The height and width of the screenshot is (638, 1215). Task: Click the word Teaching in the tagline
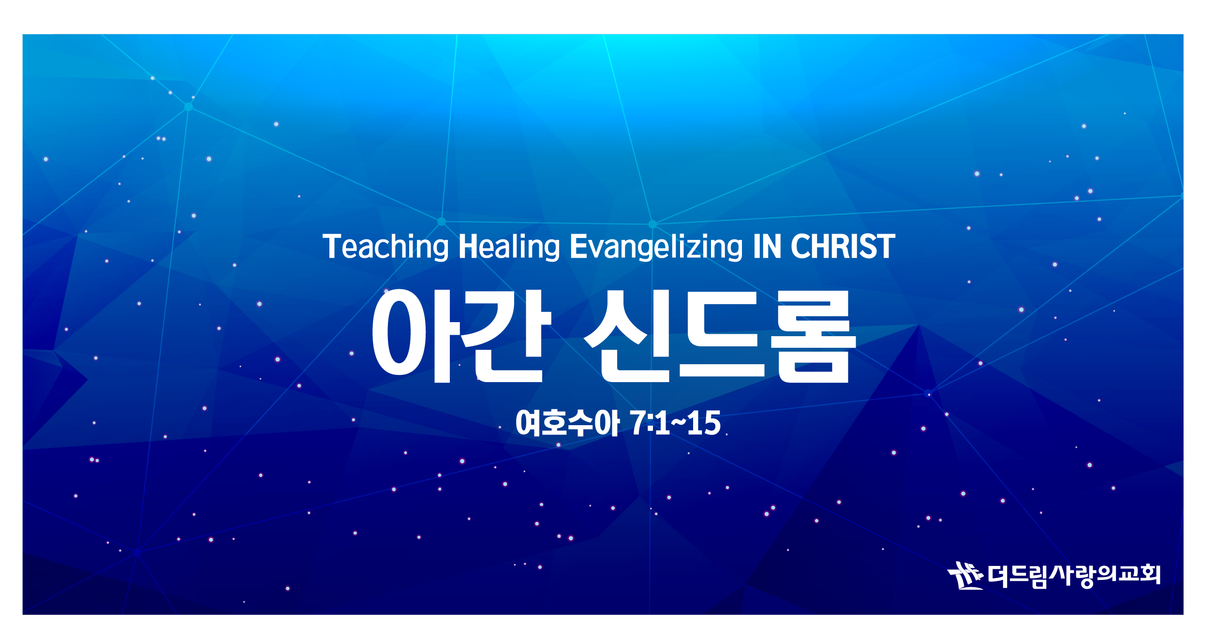(x=385, y=247)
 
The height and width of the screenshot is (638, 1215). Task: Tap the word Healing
(x=509, y=247)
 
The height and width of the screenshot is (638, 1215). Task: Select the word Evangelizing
(x=656, y=247)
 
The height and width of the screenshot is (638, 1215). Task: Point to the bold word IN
(x=767, y=247)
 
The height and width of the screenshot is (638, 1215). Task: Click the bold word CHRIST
(x=843, y=247)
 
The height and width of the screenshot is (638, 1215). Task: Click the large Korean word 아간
(x=461, y=336)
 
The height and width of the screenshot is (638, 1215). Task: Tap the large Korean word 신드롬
(x=720, y=336)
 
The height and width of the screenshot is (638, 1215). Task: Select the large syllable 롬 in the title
(x=813, y=337)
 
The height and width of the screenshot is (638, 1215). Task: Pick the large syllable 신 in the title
(x=627, y=336)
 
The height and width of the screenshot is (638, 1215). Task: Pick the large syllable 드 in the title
(x=722, y=334)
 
